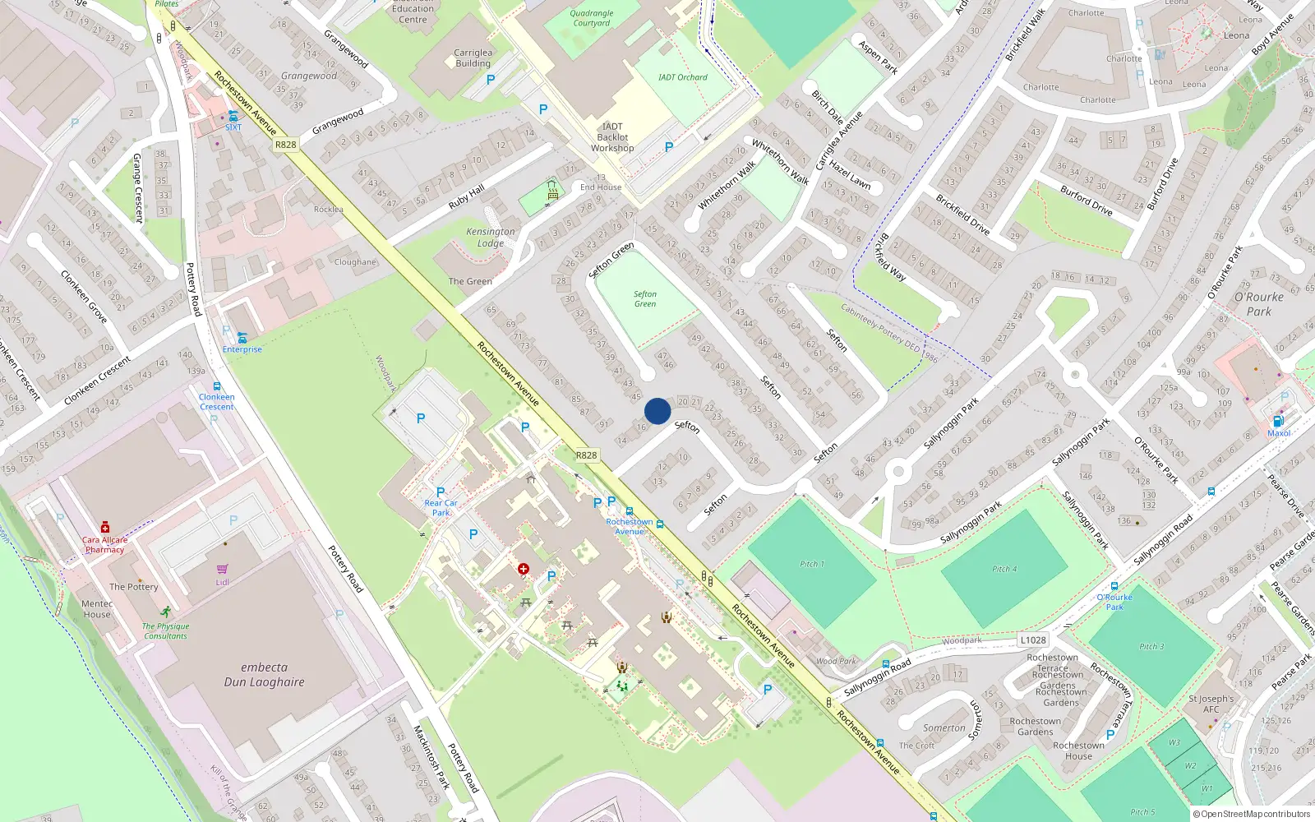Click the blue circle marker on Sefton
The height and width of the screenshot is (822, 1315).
tap(657, 411)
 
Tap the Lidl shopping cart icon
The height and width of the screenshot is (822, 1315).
tap(222, 569)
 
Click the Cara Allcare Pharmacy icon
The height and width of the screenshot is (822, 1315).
tap(105, 527)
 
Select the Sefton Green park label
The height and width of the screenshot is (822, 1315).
tap(645, 298)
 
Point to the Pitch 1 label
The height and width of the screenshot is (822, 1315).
tap(812, 564)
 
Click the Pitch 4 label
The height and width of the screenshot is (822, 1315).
tap(1004, 569)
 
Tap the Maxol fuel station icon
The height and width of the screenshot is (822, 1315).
tap(1278, 422)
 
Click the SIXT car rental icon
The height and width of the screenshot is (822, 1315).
tap(233, 117)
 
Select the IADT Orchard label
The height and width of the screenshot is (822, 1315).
tap(682, 77)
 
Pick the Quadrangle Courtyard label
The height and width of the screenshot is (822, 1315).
tap(592, 18)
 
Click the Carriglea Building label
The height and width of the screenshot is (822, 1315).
tap(473, 58)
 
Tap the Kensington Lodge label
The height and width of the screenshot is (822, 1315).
tap(491, 238)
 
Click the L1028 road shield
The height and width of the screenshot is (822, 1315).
tap(1033, 640)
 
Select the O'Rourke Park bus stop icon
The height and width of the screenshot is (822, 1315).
tap(1114, 586)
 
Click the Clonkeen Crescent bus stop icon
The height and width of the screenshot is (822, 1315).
tap(217, 386)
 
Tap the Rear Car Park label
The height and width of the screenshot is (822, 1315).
tap(441, 507)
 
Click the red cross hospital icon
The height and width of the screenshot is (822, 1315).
tap(524, 569)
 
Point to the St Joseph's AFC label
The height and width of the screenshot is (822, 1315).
tap(1211, 704)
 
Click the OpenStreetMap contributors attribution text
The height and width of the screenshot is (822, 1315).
tap(1253, 814)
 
